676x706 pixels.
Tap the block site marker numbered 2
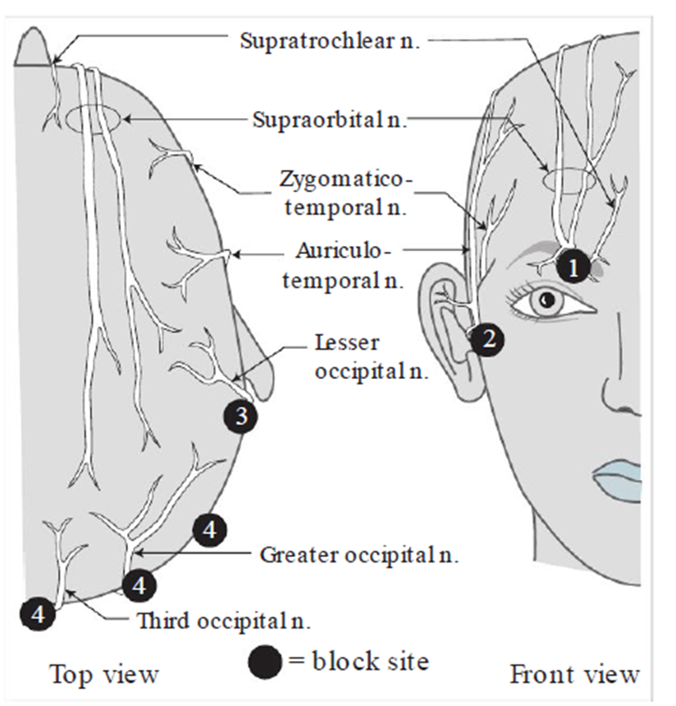pyautogui.click(x=487, y=339)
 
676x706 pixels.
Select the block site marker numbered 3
pyautogui.click(x=241, y=415)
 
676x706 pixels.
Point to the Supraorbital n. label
pyautogui.click(x=329, y=118)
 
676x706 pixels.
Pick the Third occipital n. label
pyautogui.click(x=224, y=621)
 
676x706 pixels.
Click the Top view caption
pyautogui.click(x=105, y=675)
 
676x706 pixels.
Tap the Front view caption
pyautogui.click(x=575, y=675)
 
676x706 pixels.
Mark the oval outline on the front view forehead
pyautogui.click(x=569, y=180)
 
